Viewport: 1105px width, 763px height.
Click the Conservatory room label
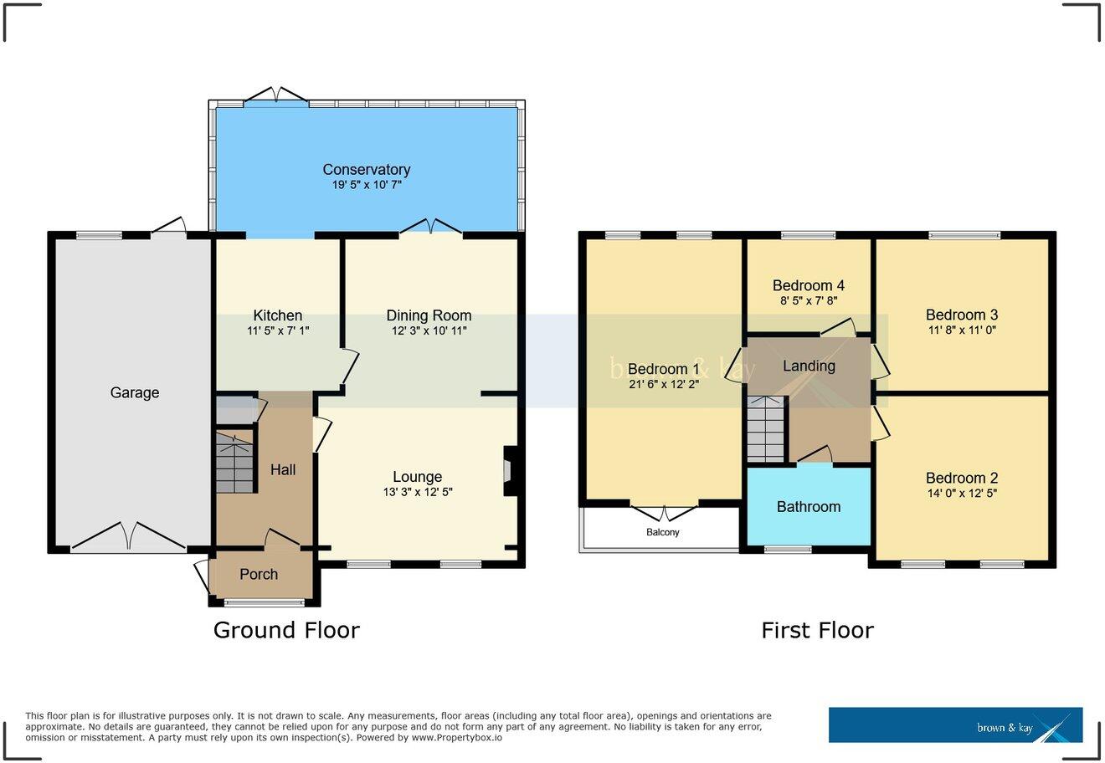pyautogui.click(x=367, y=170)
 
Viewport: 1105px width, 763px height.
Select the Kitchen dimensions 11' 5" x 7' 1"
pyautogui.click(x=278, y=331)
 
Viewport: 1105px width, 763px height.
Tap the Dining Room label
pyautogui.click(x=429, y=315)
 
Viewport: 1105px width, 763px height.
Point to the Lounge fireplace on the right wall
pyautogui.click(x=508, y=474)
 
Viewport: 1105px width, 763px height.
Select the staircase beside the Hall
pyautogui.click(x=234, y=463)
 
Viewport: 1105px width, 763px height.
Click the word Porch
pyautogui.click(x=259, y=575)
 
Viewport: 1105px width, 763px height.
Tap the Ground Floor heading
pyautogui.click(x=286, y=630)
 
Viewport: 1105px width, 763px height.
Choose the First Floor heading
pyautogui.click(x=817, y=630)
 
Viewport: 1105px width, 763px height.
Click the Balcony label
pyautogui.click(x=662, y=532)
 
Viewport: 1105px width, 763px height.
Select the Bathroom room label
pyautogui.click(x=809, y=507)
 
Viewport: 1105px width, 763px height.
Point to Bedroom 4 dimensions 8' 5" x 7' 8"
pyautogui.click(x=809, y=300)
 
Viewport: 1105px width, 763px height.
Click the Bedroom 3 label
pyautogui.click(x=961, y=315)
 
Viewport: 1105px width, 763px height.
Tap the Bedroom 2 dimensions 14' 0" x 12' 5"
pyautogui.click(x=961, y=494)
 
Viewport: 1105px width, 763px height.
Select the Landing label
pyautogui.click(x=809, y=366)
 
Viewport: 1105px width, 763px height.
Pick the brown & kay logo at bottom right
pyautogui.click(x=955, y=725)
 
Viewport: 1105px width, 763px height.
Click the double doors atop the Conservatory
pyautogui.click(x=276, y=95)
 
